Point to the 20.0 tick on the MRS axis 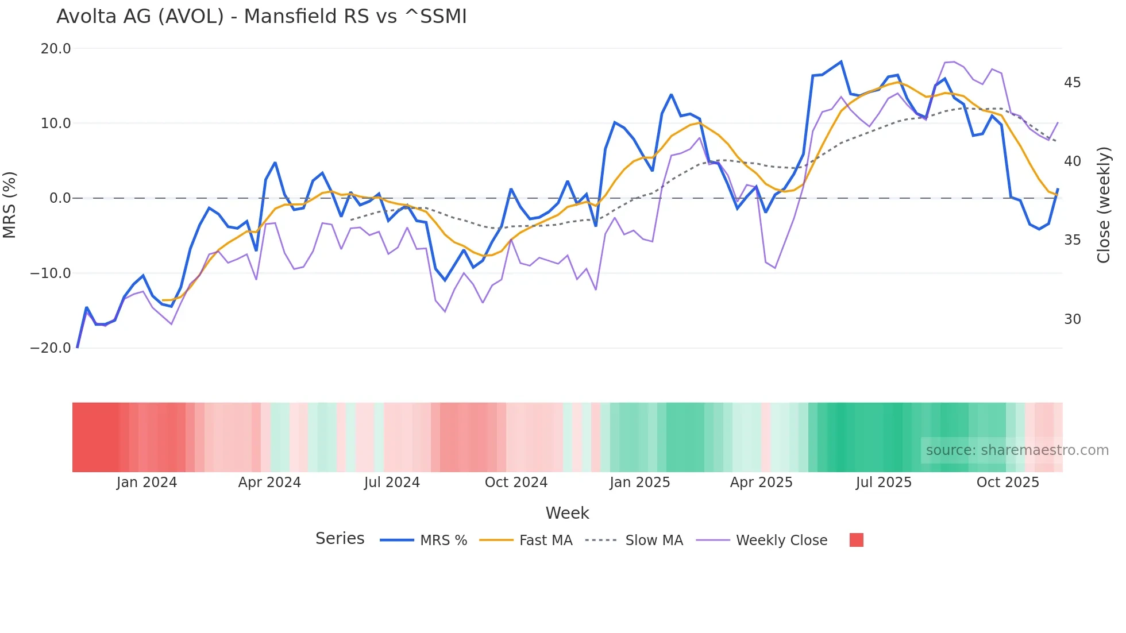(x=56, y=49)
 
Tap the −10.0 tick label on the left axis (x=51, y=273)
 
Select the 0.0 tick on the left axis (x=60, y=198)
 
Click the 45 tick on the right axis (x=1072, y=83)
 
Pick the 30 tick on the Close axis (x=1072, y=319)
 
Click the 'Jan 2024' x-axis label (x=146, y=483)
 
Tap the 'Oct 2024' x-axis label (x=516, y=483)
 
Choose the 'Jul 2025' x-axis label (x=884, y=483)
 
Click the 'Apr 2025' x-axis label (x=761, y=483)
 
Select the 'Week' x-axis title (x=567, y=513)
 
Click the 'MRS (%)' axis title (x=10, y=204)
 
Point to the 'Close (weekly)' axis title (x=1104, y=204)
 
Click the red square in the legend (x=856, y=540)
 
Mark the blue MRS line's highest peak (x=841, y=61)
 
